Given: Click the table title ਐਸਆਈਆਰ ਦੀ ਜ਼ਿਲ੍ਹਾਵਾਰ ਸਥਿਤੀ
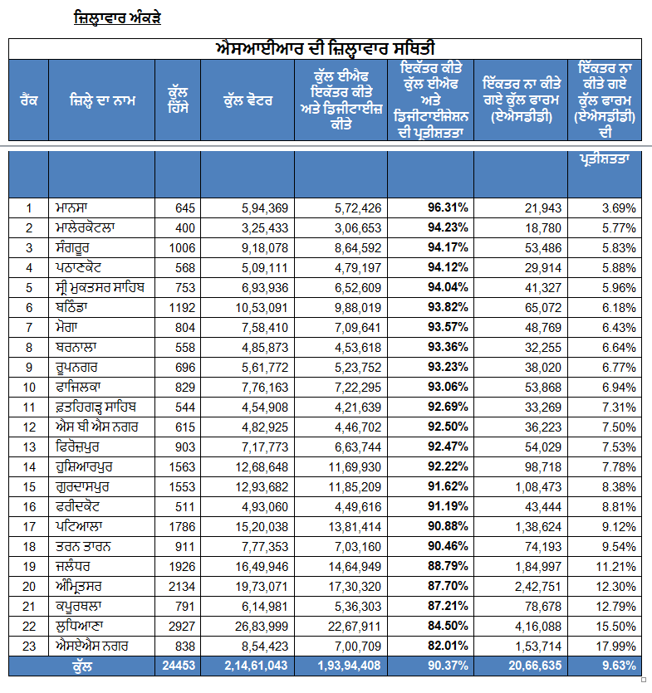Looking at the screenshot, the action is [x=325, y=49].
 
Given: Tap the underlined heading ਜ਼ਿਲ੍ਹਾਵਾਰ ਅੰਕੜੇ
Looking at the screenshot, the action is [x=117, y=18].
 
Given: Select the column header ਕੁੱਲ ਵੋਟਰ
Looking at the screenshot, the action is [x=248, y=100].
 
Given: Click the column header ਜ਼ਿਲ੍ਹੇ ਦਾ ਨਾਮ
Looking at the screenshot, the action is [x=102, y=100].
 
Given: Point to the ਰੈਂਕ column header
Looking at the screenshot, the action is [x=29, y=100].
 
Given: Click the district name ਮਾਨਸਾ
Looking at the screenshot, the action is [x=71, y=207].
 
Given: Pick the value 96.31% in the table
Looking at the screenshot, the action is [x=448, y=207].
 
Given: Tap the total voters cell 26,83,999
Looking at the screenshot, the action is [x=262, y=627].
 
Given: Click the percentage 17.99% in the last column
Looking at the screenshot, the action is [x=615, y=647].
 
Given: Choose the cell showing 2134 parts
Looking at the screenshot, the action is [x=182, y=587].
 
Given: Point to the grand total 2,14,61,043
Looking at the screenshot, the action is [x=256, y=666].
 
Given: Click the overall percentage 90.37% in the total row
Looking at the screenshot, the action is [x=448, y=666].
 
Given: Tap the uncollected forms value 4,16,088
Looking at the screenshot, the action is [x=538, y=627].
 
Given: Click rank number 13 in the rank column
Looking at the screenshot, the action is [x=29, y=447].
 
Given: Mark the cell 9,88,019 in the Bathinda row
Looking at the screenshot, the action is [x=358, y=308].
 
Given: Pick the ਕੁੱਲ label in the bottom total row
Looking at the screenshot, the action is [x=82, y=666].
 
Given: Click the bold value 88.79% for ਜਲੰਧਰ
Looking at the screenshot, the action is [x=448, y=566].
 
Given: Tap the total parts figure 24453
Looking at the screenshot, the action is [x=179, y=666].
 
